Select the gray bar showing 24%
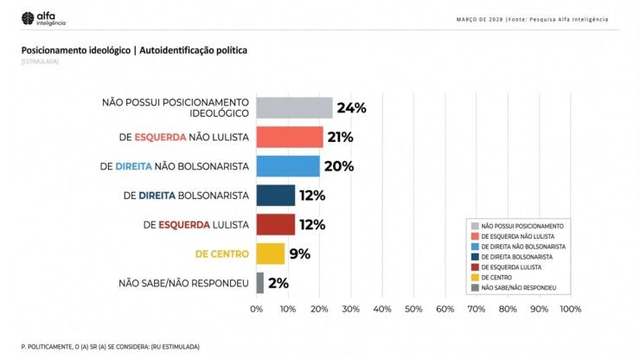click(x=294, y=107)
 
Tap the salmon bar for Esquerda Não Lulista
click(x=290, y=137)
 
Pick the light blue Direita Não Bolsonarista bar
click(x=288, y=166)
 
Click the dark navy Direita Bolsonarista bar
click(x=276, y=196)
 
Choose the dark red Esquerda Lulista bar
click(x=276, y=225)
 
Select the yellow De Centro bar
click(x=271, y=254)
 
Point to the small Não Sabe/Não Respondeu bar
click(x=259, y=283)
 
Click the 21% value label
click(x=340, y=137)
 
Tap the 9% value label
click(x=299, y=254)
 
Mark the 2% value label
click(x=278, y=283)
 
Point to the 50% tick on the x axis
click(x=413, y=309)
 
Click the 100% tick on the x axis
click(x=570, y=309)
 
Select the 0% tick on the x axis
click(x=257, y=309)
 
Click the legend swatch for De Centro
click(x=475, y=277)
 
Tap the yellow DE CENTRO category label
click(x=222, y=254)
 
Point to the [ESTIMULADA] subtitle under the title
click(x=40, y=62)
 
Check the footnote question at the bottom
click(x=110, y=346)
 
